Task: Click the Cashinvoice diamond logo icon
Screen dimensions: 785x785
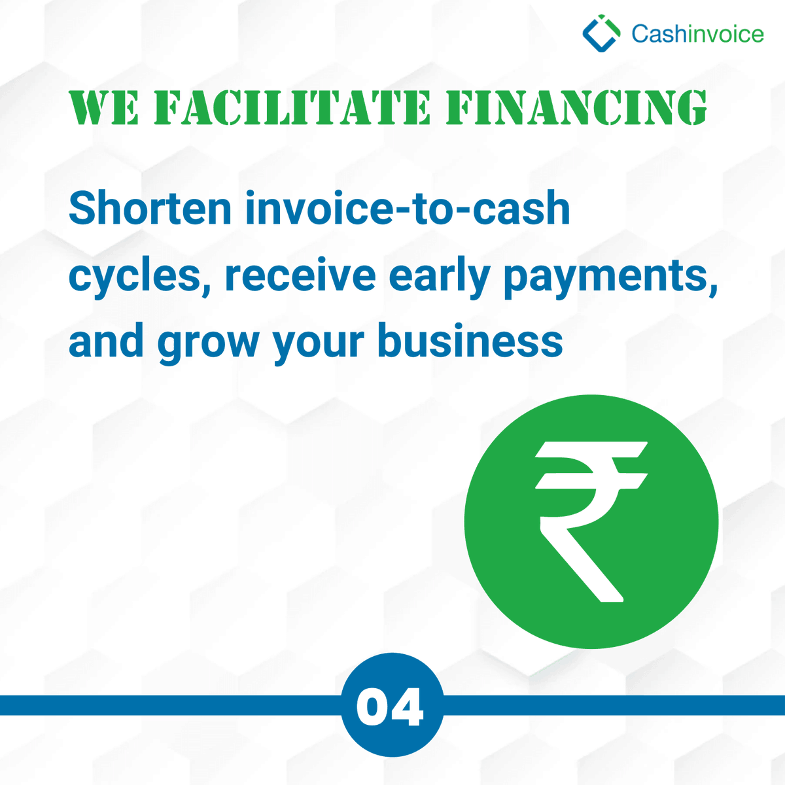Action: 601,34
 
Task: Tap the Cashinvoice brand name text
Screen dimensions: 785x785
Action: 697,34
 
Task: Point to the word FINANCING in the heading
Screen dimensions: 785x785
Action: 576,108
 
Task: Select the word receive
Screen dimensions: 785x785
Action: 300,275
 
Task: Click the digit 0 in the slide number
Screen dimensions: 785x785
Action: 374,707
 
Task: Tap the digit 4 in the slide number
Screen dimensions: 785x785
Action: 410,707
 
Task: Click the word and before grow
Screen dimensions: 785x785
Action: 107,341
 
